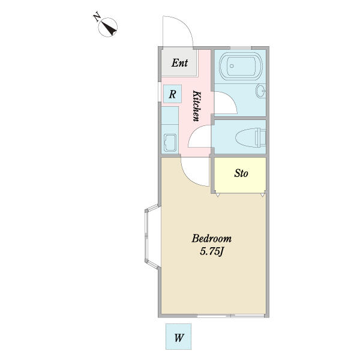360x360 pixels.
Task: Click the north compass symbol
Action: click(x=107, y=27)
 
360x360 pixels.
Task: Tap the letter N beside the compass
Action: click(x=97, y=17)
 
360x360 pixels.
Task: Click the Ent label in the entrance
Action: click(x=179, y=62)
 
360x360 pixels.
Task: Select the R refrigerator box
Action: click(x=173, y=94)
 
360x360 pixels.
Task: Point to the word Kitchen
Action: click(x=197, y=106)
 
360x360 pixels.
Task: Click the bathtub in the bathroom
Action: click(x=241, y=66)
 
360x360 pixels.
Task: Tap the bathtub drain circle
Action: click(x=232, y=66)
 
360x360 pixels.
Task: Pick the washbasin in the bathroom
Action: click(x=261, y=91)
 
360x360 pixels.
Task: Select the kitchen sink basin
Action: click(x=170, y=143)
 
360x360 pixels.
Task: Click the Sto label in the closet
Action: click(x=241, y=173)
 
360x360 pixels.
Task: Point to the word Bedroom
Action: click(x=211, y=239)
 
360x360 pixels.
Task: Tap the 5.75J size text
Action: click(x=212, y=251)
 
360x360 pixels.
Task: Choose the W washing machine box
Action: click(x=178, y=337)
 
